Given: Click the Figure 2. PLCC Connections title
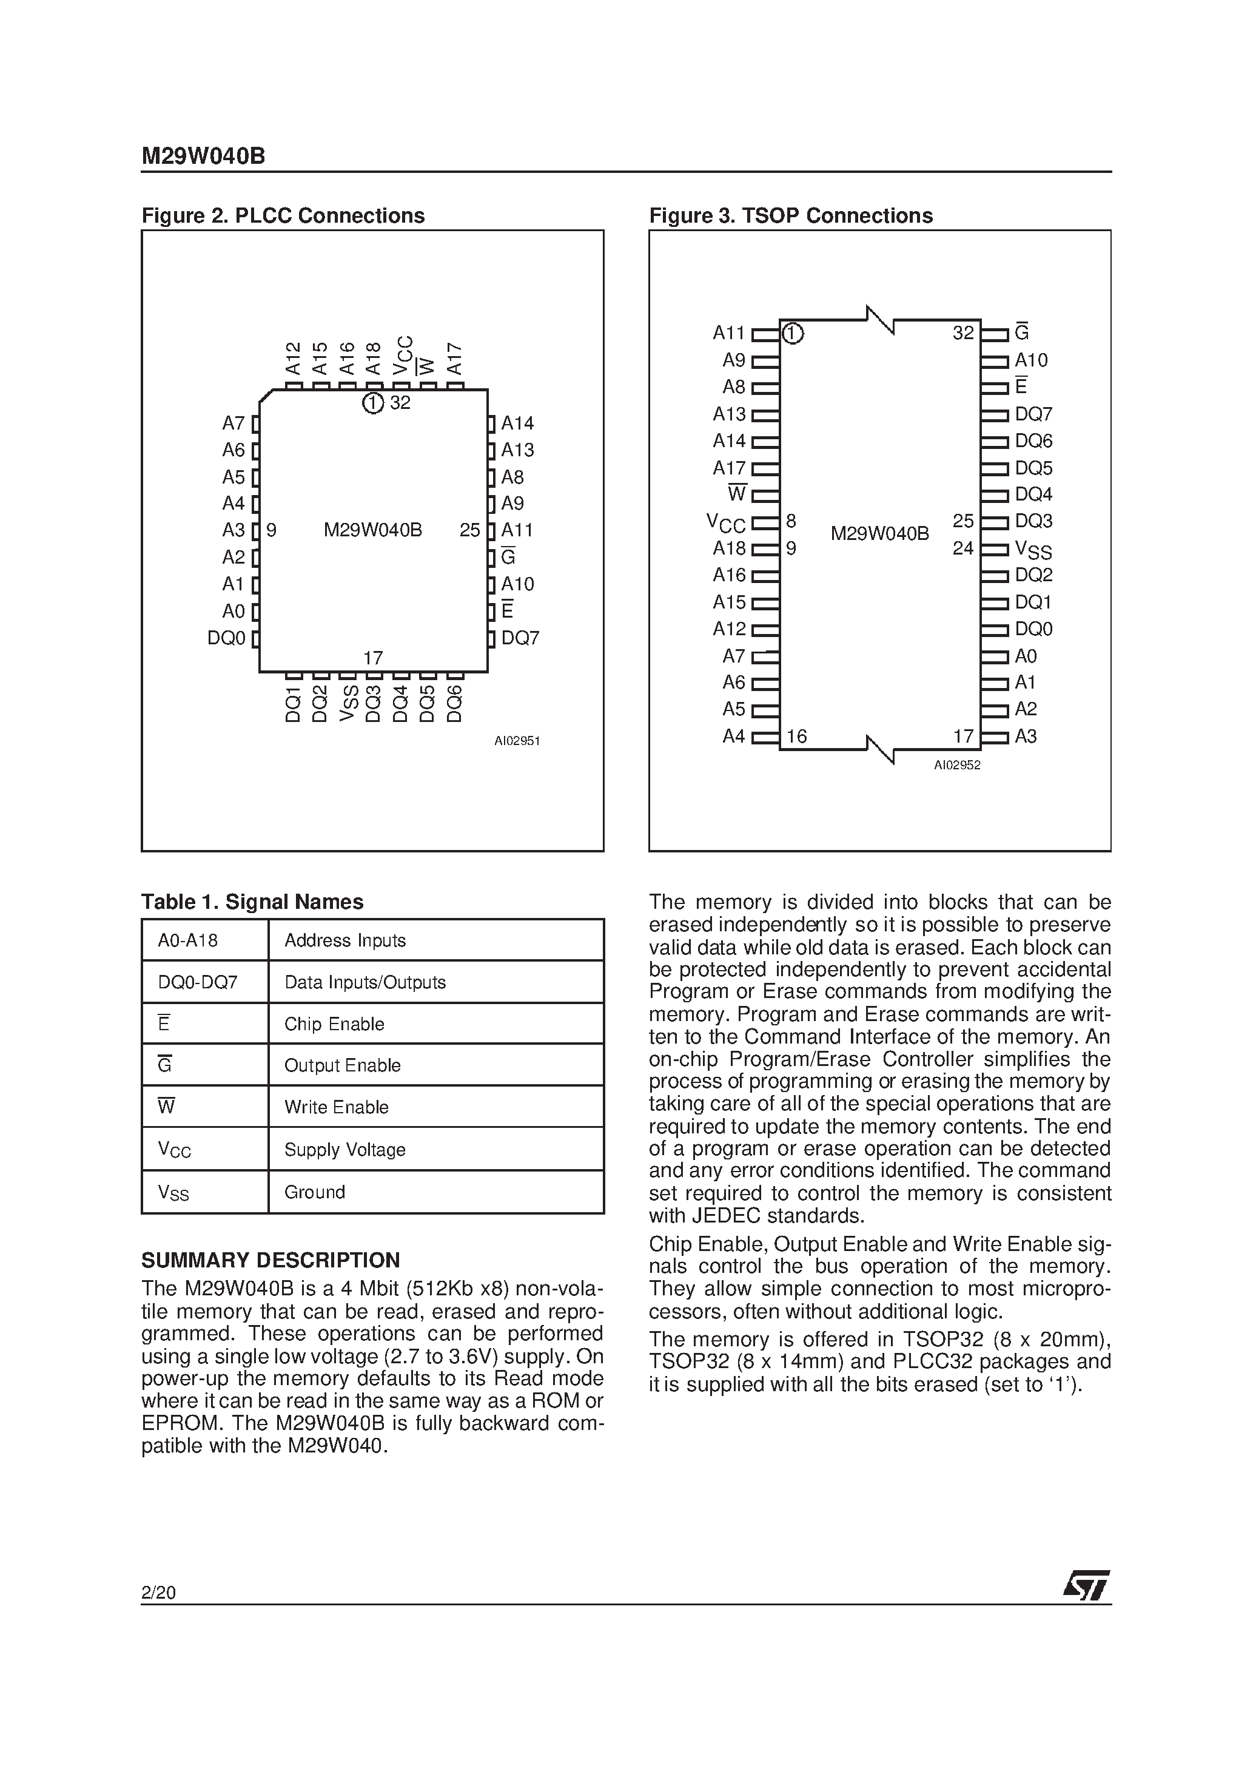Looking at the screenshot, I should pyautogui.click(x=283, y=215).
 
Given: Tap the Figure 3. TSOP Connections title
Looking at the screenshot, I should pyautogui.click(x=790, y=215).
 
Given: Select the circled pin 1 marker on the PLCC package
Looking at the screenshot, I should pyautogui.click(x=373, y=403).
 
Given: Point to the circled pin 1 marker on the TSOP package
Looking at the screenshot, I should pyautogui.click(x=793, y=334).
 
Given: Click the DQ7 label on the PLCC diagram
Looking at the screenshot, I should pyautogui.click(x=520, y=638).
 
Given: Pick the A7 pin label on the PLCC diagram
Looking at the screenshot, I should pyautogui.click(x=233, y=423).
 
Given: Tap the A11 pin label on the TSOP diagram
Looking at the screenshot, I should pyautogui.click(x=728, y=333).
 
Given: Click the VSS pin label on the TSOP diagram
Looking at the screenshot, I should pyautogui.click(x=1033, y=549).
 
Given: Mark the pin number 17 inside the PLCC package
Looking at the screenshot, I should pyautogui.click(x=373, y=658).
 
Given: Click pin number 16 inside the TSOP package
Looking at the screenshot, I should pyautogui.click(x=796, y=737).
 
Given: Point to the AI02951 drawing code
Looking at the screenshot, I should pyautogui.click(x=517, y=741).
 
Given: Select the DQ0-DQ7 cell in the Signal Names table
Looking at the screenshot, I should pyautogui.click(x=198, y=982).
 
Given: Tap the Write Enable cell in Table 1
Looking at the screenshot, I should pyautogui.click(x=336, y=1107).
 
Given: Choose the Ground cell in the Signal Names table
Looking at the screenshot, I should pyautogui.click(x=314, y=1192).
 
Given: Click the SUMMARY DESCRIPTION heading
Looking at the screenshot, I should pyautogui.click(x=270, y=1260).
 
